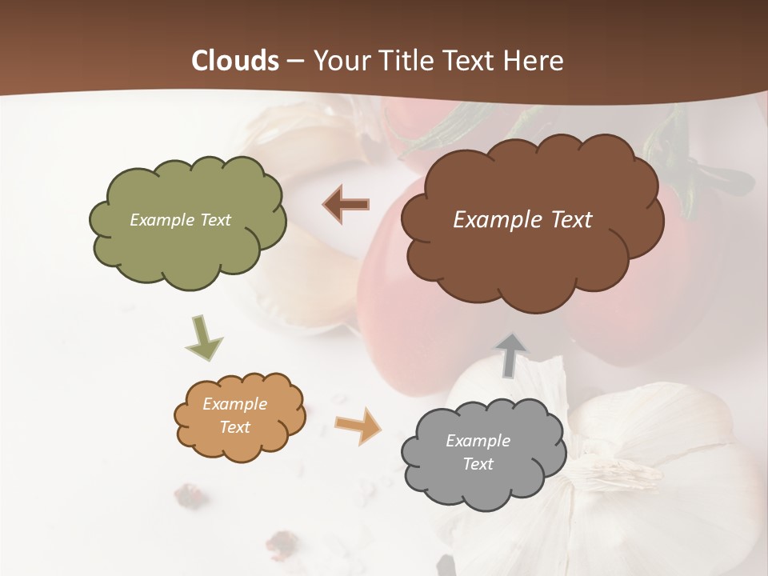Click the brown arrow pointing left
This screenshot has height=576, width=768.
(x=346, y=205)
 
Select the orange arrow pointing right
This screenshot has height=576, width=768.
(x=358, y=425)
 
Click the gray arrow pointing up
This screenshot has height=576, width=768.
(x=510, y=354)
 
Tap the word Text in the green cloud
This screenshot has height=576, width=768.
(x=215, y=220)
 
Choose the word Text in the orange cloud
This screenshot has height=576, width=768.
(x=235, y=427)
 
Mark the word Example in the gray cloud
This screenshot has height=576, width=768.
(x=478, y=441)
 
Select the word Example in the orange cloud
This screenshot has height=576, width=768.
(x=235, y=404)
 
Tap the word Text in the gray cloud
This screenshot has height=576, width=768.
(x=478, y=464)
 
